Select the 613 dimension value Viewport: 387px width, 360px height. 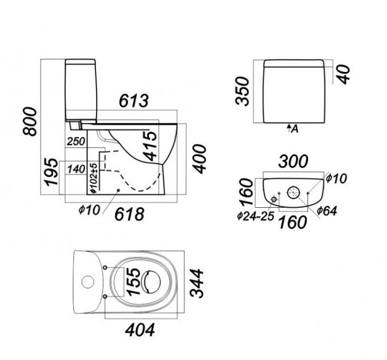(x=133, y=100)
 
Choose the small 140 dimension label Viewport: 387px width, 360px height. (x=75, y=169)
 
